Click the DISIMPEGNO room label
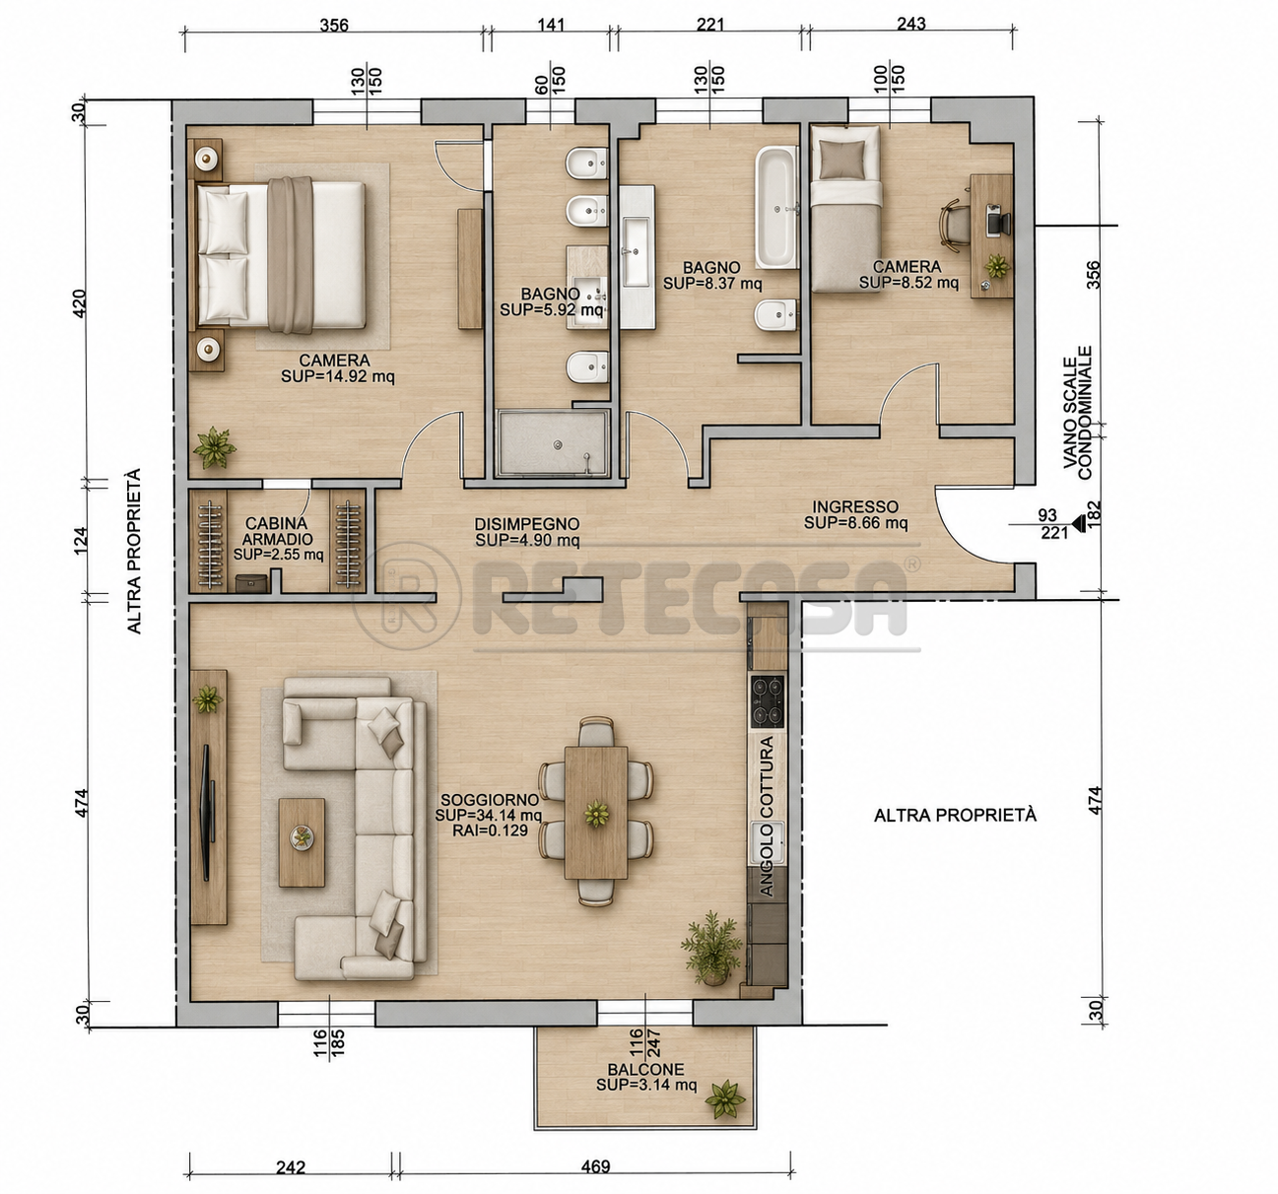(x=526, y=524)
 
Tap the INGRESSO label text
(x=854, y=507)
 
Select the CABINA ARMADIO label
(x=277, y=531)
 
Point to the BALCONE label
(x=645, y=1069)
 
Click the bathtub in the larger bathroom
(x=776, y=207)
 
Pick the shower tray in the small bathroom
(x=553, y=443)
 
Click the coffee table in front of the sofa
(x=302, y=842)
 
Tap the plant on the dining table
(x=596, y=814)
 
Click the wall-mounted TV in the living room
(x=207, y=813)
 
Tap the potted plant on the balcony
(x=725, y=1099)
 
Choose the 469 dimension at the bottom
(x=595, y=1166)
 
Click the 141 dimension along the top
(x=551, y=25)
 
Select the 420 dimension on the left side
(x=78, y=303)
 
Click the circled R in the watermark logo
(x=407, y=595)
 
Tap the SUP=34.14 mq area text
(x=488, y=816)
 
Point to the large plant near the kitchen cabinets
(x=712, y=949)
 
